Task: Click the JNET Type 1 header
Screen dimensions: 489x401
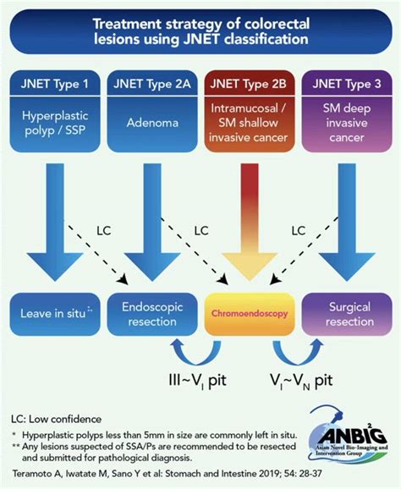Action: tap(55, 85)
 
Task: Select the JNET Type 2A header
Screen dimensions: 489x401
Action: tap(151, 85)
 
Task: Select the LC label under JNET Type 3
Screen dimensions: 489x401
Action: tap(298, 230)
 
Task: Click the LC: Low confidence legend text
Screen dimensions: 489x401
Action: tap(57, 419)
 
